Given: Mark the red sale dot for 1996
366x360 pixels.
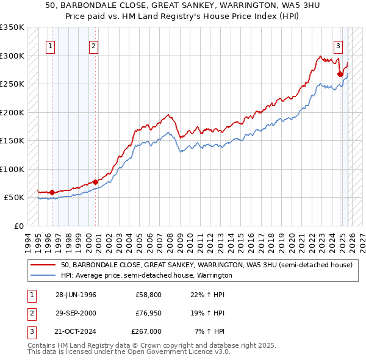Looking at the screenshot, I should [52, 193].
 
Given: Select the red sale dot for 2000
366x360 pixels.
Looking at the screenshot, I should [96, 182].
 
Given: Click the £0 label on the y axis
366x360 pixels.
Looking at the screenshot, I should [18, 226].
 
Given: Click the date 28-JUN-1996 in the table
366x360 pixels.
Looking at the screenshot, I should [76, 295].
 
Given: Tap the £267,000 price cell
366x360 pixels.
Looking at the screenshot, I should [146, 331].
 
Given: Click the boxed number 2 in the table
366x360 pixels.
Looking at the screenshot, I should [30, 313].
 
